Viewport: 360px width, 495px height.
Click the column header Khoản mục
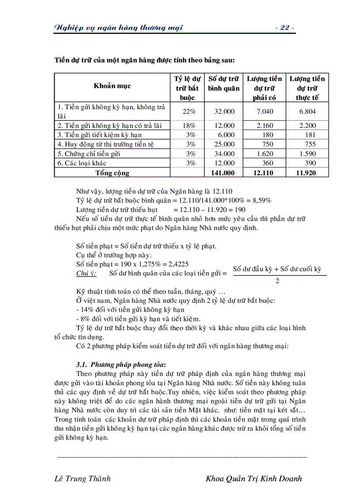112,86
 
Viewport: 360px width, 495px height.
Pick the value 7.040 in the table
265,112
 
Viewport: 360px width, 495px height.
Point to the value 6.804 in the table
307,112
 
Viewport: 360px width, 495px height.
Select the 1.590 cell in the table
307,154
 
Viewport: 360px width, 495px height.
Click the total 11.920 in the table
306,173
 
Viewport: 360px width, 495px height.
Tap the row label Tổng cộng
112,173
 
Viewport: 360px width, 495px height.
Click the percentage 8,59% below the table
262,200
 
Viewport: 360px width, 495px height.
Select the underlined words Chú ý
86,273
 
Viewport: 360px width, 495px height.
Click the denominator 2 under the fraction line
277,281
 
